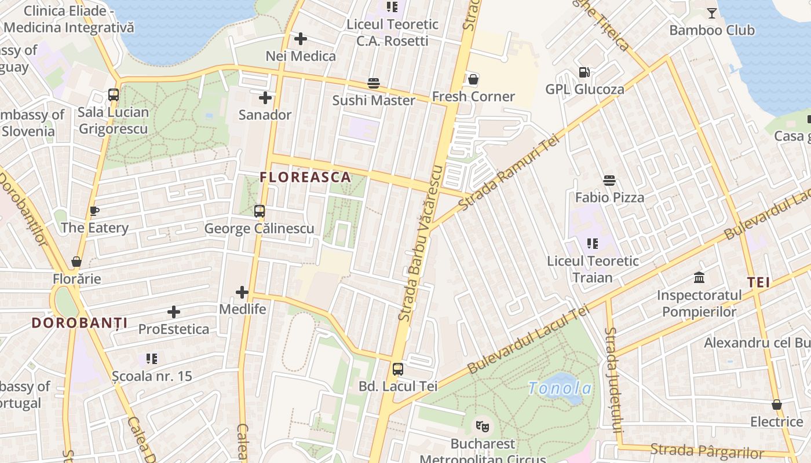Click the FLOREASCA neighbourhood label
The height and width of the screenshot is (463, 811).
pyautogui.click(x=305, y=177)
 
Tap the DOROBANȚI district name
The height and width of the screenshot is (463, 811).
pyautogui.click(x=79, y=323)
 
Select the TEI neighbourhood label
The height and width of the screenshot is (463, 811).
pyautogui.click(x=758, y=282)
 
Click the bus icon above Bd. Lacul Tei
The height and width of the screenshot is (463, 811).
pyautogui.click(x=398, y=369)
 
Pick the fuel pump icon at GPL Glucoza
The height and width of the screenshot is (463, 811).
pyautogui.click(x=584, y=72)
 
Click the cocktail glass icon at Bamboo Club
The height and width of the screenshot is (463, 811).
pyautogui.click(x=712, y=13)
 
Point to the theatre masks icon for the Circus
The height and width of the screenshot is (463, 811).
pyautogui.click(x=482, y=427)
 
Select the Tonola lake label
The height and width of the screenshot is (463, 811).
pyautogui.click(x=560, y=388)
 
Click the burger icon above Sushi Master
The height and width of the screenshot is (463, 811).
pyautogui.click(x=374, y=83)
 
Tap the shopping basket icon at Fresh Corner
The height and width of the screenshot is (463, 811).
pyautogui.click(x=473, y=79)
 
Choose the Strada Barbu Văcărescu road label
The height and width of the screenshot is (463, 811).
pyautogui.click(x=421, y=243)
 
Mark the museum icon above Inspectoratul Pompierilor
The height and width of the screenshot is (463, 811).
pyautogui.click(x=699, y=278)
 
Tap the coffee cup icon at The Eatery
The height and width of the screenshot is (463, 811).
pyautogui.click(x=94, y=211)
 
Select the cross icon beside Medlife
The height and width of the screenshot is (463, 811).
pyautogui.click(x=242, y=292)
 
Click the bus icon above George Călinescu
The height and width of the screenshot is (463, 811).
pyautogui.click(x=260, y=211)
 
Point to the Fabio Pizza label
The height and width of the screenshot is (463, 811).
pyautogui.click(x=609, y=197)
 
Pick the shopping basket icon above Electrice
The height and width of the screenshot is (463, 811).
pyautogui.click(x=776, y=405)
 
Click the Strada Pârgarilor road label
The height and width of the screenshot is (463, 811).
pyautogui.click(x=707, y=450)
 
